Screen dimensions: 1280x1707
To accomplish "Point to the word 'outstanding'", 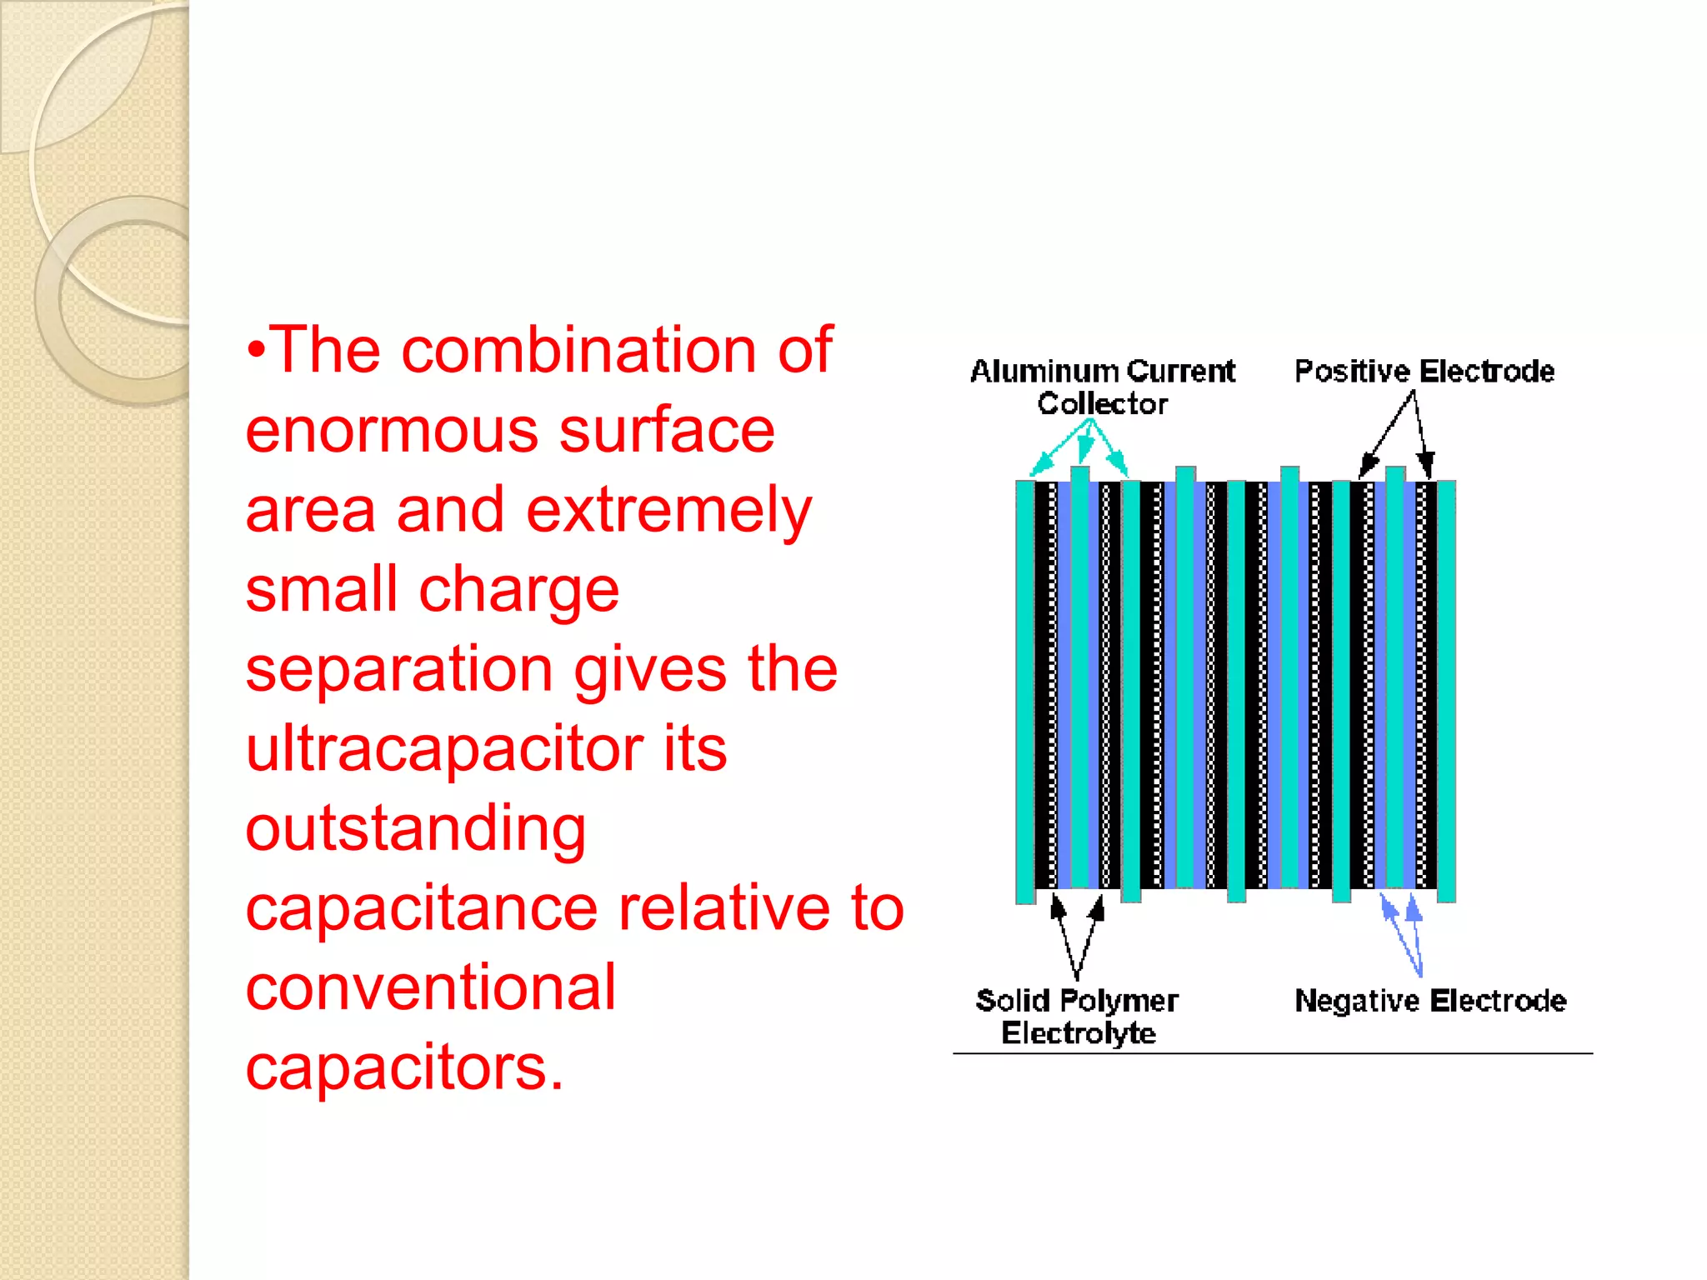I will tap(415, 828).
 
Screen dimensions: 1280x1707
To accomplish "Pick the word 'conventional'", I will tap(430, 987).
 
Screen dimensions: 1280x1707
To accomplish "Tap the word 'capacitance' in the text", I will tap(421, 907).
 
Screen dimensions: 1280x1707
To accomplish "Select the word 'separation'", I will tap(398, 669).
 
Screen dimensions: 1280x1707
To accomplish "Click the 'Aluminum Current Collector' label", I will tap(1101, 387).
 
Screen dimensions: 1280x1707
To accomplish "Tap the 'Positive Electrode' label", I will tap(1424, 371).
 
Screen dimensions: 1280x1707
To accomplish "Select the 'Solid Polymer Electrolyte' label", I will tap(1077, 1016).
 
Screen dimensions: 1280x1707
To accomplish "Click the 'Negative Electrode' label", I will tap(1429, 1000).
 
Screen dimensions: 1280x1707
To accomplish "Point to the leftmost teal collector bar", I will tap(1024, 692).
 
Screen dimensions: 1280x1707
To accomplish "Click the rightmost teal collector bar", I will tap(1446, 692).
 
